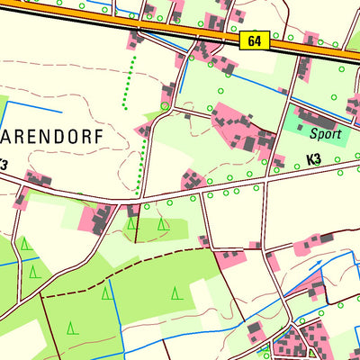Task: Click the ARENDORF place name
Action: click(x=52, y=138)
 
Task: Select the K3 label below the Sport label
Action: click(x=313, y=159)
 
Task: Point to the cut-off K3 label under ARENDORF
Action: click(x=4, y=165)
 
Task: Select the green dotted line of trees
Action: click(x=137, y=126)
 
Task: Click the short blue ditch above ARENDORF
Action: click(x=36, y=110)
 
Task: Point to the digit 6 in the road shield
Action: click(x=252, y=41)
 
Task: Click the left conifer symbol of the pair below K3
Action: click(x=133, y=224)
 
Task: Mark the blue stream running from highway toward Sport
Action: click(x=243, y=85)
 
